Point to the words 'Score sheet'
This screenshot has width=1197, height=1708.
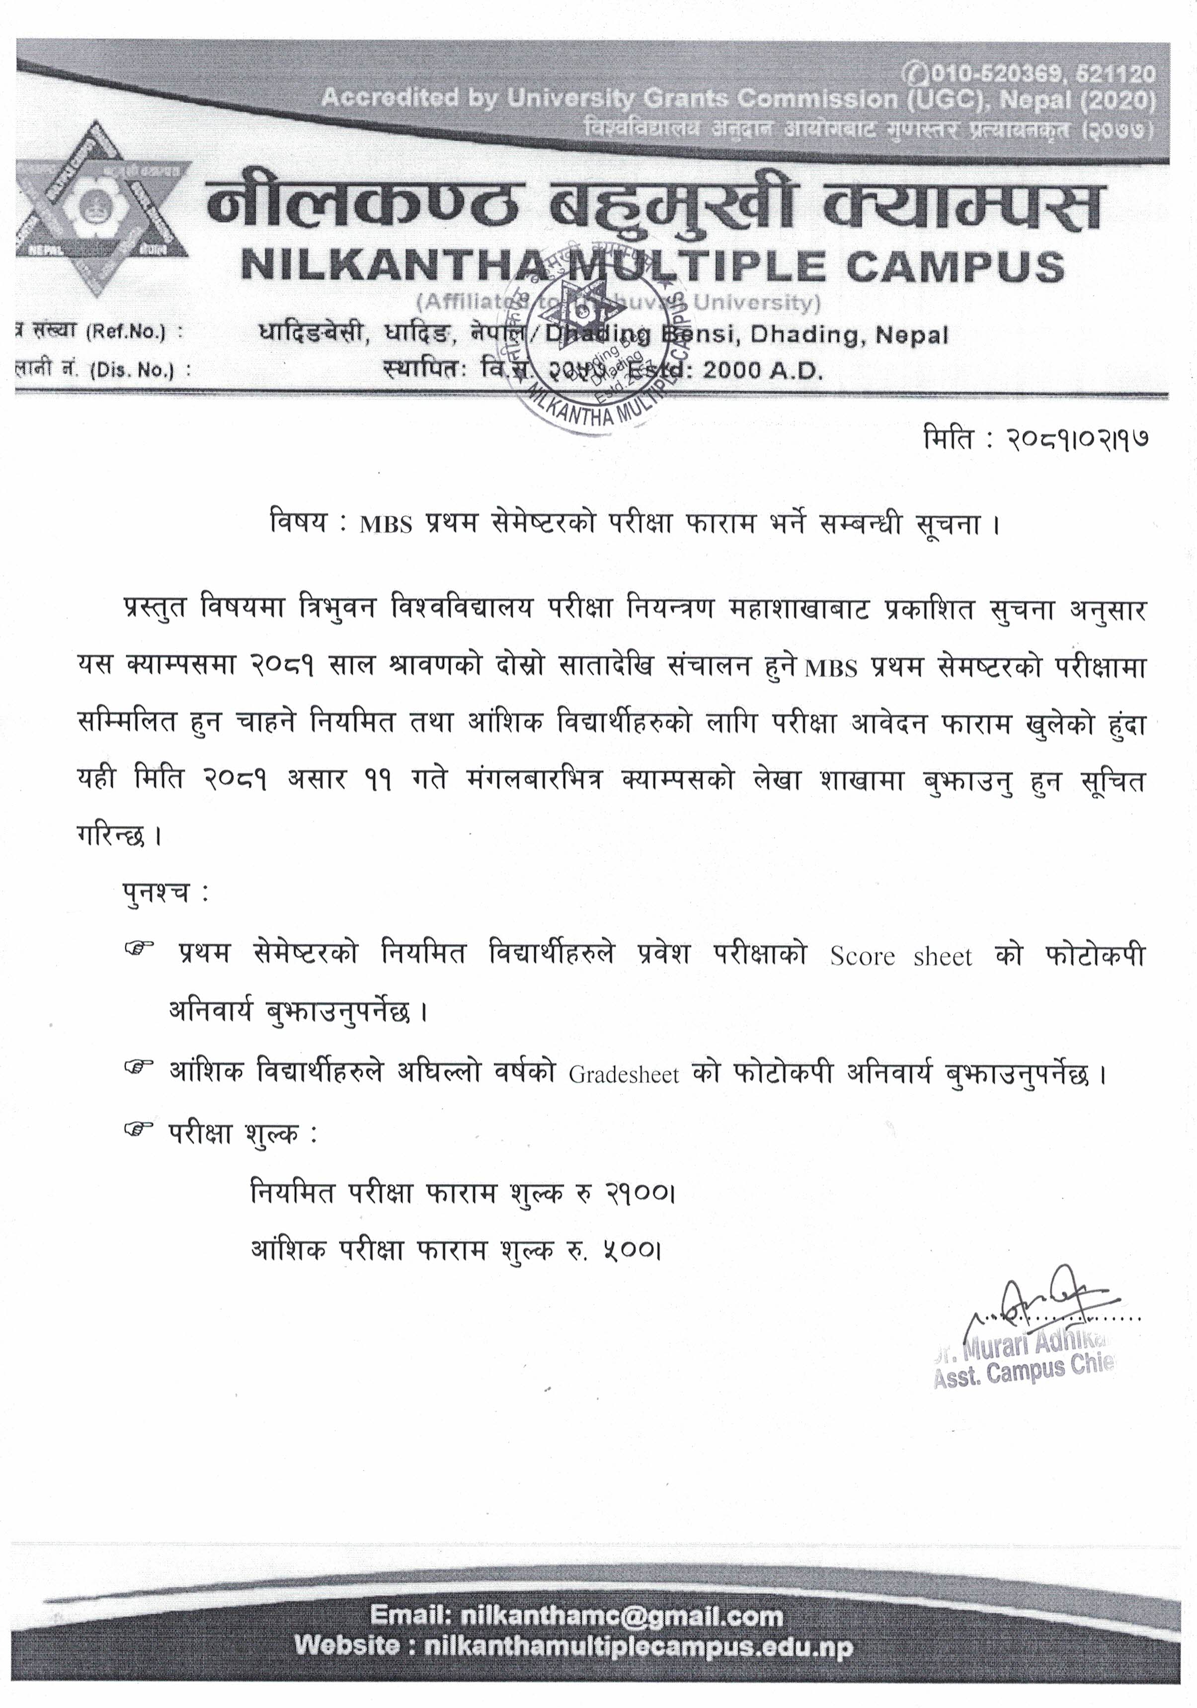pos(900,956)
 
